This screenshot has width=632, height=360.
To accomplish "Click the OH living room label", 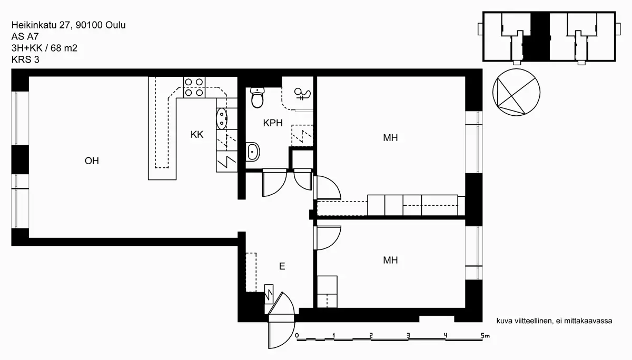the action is point(92,161).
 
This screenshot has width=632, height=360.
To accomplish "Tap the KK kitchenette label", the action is point(196,134).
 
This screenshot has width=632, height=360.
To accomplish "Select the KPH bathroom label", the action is point(273,123).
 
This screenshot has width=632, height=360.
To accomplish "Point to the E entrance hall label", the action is point(282,266).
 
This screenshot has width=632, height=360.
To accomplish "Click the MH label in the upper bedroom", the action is point(390,137).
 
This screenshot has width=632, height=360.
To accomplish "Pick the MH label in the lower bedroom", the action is point(390,260).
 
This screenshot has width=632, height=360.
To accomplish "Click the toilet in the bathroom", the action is point(257,97).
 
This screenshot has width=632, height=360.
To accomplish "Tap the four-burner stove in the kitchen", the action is point(194,87).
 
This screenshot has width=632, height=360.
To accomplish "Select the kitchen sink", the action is point(222,118).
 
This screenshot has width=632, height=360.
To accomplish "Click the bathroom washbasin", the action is point(252,152).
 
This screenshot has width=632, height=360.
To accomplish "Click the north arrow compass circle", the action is point(516,92).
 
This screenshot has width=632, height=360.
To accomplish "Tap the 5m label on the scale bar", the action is point(485,335).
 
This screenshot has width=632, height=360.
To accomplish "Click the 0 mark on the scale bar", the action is point(297,335).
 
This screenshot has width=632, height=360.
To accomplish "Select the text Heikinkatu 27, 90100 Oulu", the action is point(68,25).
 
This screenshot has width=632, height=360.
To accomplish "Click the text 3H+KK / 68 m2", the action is point(44,48).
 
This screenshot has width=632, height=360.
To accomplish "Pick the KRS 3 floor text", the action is point(25,60).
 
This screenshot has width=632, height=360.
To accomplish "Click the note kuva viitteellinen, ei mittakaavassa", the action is point(554,321).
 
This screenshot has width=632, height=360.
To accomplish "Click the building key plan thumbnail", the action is point(549,37).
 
